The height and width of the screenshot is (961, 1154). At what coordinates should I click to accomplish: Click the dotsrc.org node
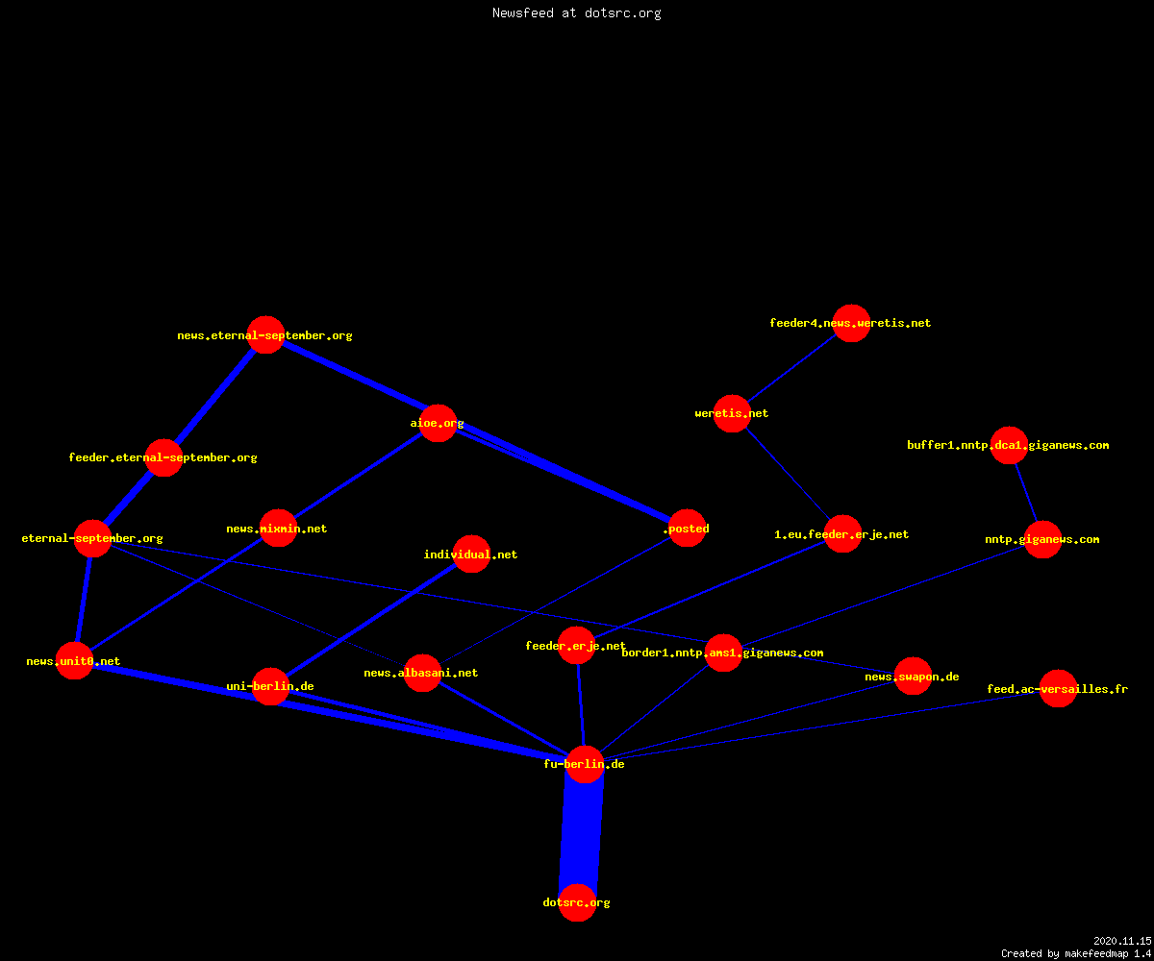point(577,902)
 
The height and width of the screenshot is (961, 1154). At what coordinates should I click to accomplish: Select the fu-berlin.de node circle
point(585,764)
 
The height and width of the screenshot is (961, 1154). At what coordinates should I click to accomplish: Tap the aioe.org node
point(438,423)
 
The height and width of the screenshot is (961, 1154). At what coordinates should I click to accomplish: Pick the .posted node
point(687,528)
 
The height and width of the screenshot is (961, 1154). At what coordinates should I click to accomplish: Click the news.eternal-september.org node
point(265,334)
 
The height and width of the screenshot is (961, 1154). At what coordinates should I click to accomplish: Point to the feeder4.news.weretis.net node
point(851,323)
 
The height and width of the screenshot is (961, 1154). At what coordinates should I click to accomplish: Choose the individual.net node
point(471,554)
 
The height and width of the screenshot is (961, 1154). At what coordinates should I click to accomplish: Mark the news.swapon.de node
point(913,676)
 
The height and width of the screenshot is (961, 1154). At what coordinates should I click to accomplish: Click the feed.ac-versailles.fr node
point(1058,688)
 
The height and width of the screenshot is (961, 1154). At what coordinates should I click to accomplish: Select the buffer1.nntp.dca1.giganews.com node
point(1009,445)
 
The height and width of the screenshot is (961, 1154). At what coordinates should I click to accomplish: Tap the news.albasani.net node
point(422,673)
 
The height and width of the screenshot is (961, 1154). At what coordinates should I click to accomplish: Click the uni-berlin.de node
point(270,686)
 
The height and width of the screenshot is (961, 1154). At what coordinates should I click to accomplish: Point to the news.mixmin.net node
point(278,528)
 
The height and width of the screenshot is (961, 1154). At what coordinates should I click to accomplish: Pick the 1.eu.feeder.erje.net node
point(842,533)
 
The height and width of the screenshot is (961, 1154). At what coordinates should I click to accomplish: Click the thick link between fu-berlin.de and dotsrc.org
point(581,833)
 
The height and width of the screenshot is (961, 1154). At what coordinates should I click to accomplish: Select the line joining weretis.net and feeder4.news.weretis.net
point(791,368)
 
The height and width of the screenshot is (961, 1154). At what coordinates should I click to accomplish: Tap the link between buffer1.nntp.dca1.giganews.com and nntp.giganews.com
point(1026,492)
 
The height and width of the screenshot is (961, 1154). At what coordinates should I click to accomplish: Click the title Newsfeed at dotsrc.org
point(576,12)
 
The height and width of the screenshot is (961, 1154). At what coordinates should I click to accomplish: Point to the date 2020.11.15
point(1122,941)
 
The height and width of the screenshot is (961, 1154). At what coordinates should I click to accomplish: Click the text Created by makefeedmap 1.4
point(1076,953)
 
